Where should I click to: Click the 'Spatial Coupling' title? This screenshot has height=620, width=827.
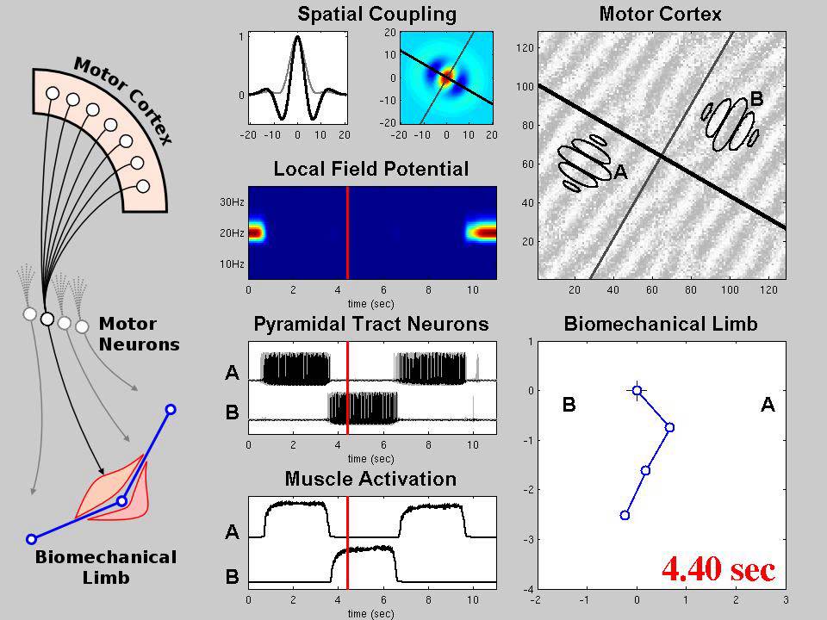[x=376, y=14]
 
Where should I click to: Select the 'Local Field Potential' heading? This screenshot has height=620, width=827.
[x=371, y=169]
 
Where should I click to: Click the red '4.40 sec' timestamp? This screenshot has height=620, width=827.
[x=718, y=569]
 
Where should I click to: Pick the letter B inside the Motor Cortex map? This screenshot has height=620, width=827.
[x=756, y=100]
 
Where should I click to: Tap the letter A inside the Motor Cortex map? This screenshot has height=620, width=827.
[x=619, y=173]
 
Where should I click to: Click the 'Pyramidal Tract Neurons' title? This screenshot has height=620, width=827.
[x=371, y=324]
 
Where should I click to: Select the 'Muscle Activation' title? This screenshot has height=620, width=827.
[x=370, y=479]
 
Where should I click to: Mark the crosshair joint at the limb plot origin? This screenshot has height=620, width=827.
[x=637, y=391]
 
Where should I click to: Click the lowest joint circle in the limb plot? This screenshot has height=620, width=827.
[x=625, y=515]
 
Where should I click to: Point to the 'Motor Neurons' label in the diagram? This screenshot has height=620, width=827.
[x=140, y=334]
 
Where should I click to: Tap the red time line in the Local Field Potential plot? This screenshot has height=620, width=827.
[x=347, y=232]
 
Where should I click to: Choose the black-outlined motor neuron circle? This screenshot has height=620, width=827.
[x=47, y=320]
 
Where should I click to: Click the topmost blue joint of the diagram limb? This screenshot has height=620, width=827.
[x=171, y=409]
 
